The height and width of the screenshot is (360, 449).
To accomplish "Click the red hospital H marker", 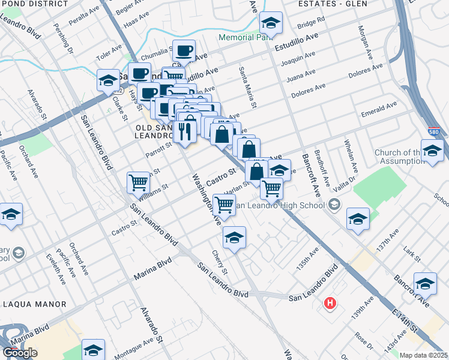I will tap(330, 303).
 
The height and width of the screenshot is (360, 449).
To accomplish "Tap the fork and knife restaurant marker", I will tap(185, 131).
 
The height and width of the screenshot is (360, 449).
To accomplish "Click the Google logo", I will tap(20, 353).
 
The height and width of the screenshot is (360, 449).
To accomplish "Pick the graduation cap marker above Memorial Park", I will tap(271, 24).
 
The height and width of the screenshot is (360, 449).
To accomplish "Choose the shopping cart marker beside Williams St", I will tap(138, 182).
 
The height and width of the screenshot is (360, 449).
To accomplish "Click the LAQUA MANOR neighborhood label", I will tap(34, 304).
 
